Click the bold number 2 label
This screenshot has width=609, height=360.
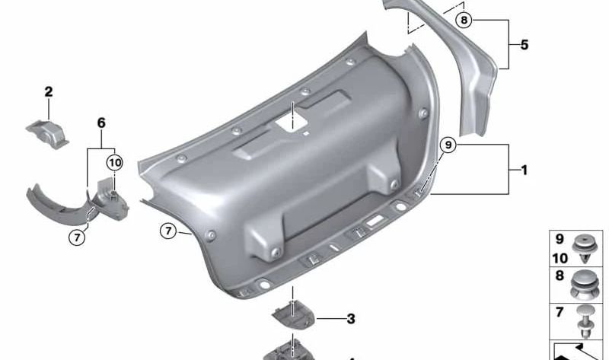pos(49,93)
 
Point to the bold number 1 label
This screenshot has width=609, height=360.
pos(524,170)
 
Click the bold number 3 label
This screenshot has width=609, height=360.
pos(350,319)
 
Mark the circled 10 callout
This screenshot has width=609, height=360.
pos(114,162)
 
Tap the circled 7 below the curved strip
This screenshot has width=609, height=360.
pos(77,237)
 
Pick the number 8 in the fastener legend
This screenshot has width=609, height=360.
pos(560,276)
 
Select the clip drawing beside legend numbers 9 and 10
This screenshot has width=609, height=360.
pos(585,248)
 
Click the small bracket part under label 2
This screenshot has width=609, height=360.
pos(49,131)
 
